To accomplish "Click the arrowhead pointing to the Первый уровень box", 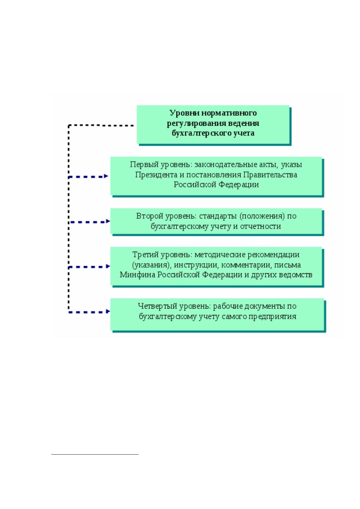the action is pyautogui.click(x=106, y=176).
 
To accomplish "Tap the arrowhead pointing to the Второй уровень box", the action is pyautogui.click(x=108, y=221).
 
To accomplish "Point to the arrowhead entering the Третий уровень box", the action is pyautogui.click(x=108, y=266).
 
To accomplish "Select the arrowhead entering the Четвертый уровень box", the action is pyautogui.click(x=108, y=311).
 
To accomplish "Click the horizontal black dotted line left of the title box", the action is pyautogui.click(x=101, y=125).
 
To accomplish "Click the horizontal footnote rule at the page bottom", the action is pyautogui.click(x=95, y=454).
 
